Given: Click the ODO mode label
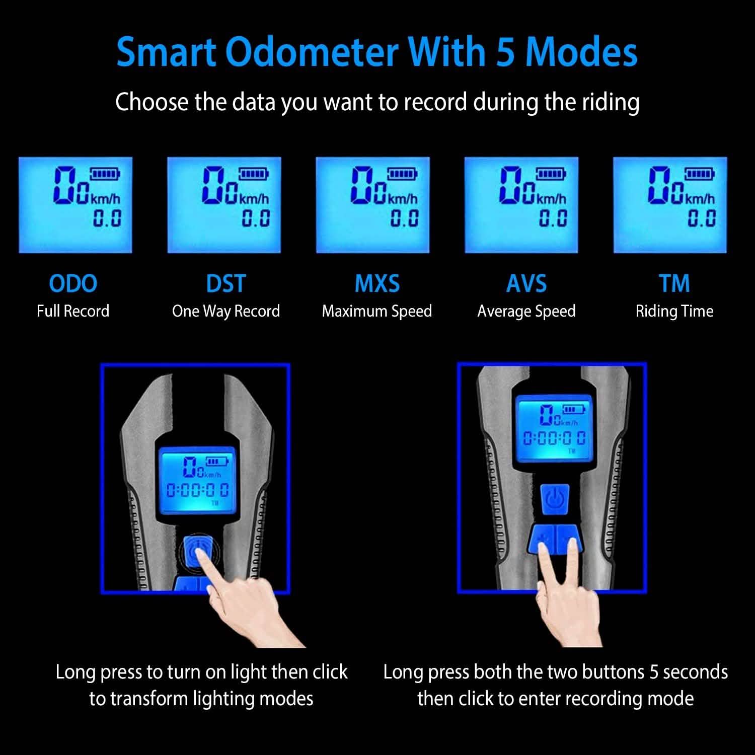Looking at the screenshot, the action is [73, 284].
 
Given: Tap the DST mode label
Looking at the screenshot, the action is [226, 284].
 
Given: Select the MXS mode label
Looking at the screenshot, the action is [377, 284].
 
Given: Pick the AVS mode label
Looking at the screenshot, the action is [526, 284].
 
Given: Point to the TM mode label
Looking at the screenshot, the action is [674, 284].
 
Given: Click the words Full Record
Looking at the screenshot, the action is [73, 311].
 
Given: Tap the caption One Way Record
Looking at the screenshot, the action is [226, 312].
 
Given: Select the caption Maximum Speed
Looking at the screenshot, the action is [377, 312].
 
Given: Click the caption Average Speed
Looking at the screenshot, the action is [526, 312].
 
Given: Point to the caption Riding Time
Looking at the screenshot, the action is [674, 312].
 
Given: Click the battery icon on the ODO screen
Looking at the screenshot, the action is [105, 175].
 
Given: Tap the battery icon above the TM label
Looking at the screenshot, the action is [699, 175].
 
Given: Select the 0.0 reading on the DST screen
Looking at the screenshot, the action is [256, 218].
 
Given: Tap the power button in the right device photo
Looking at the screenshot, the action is [555, 499].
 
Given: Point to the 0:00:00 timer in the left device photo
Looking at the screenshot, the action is [197, 490].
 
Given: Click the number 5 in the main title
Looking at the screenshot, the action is [505, 52].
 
